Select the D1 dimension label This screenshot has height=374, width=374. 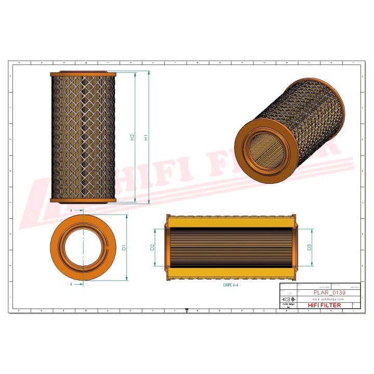click(x=124, y=248)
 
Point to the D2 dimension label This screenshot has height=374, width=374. click(x=153, y=247)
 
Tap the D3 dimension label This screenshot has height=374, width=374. click(x=309, y=247)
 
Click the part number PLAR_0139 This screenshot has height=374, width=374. click(x=329, y=292)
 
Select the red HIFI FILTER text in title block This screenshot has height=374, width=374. click(x=325, y=305)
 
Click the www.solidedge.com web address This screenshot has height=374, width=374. click(x=329, y=299)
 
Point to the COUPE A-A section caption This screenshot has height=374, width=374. click(x=231, y=285)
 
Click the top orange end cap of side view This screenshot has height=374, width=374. click(x=84, y=74)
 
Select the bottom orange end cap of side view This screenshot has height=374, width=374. click(x=84, y=200)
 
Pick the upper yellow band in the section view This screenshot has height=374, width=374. click(x=231, y=222)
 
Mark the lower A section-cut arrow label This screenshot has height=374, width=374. click(x=70, y=285)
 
